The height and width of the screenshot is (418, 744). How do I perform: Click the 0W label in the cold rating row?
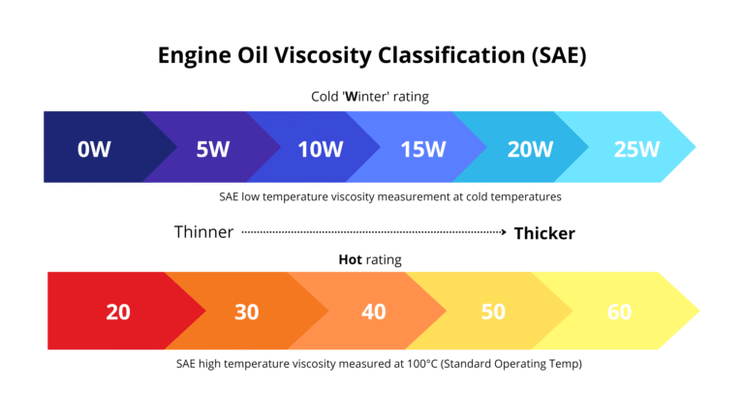click(x=95, y=149)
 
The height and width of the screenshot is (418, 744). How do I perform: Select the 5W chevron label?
click(x=212, y=149)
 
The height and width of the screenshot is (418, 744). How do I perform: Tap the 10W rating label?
click(x=321, y=149)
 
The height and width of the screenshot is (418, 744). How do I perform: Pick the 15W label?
click(x=422, y=149)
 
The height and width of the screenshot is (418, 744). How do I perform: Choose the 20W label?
click(x=530, y=149)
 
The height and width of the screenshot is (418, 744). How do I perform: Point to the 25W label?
click(x=636, y=149)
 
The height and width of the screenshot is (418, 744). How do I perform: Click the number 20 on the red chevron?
click(x=118, y=312)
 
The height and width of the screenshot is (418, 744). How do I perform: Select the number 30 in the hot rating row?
click(x=247, y=312)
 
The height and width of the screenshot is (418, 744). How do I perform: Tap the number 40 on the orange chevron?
click(x=373, y=312)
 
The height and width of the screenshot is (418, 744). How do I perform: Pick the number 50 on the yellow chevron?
click(x=494, y=312)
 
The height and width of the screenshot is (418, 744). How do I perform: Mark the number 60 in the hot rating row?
click(x=619, y=312)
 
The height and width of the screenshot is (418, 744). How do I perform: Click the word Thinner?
click(x=203, y=232)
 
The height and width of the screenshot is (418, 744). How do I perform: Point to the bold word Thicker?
click(x=544, y=233)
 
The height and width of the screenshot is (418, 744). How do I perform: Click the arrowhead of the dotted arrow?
click(x=503, y=232)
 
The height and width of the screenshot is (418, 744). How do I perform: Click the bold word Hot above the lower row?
click(x=350, y=259)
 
